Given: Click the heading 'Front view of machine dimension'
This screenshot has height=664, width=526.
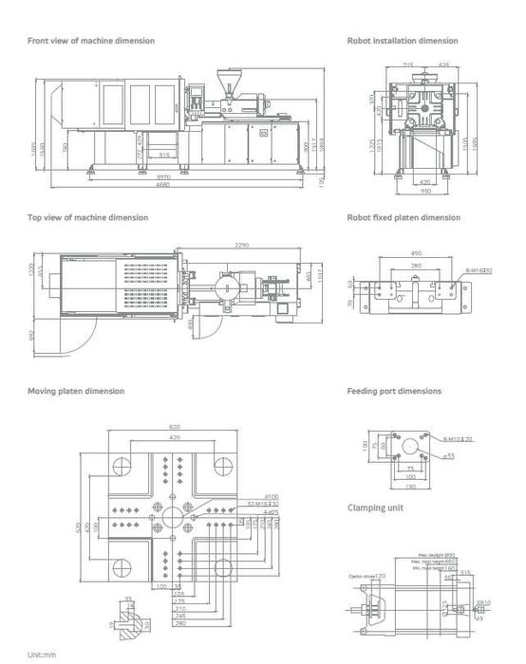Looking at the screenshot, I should coord(91,41).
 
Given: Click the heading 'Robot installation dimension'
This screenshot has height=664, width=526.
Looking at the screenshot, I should coord(403,41).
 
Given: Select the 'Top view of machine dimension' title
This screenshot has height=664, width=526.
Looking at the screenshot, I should coord(87,217).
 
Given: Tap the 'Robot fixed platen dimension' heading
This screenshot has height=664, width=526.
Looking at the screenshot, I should coord(404,217).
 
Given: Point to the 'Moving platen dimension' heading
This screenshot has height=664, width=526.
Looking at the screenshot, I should coord(75,391).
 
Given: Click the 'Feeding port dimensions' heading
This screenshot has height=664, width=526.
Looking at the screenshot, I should coord(394,391).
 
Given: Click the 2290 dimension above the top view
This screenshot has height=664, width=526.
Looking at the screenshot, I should coord(242,246).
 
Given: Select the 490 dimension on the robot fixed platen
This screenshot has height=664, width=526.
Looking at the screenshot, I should coord(415,253).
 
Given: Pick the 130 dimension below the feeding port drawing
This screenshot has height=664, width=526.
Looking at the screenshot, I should coord(410,487).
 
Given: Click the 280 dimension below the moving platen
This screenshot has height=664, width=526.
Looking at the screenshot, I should coord(180,624).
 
